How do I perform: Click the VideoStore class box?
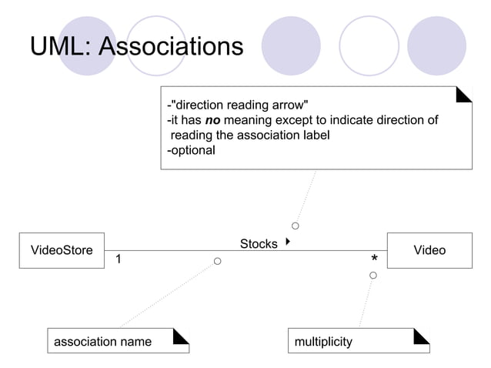point(62,250)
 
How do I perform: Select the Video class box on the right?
point(429,250)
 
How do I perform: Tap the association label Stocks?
point(259,244)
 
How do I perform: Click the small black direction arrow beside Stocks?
point(287,242)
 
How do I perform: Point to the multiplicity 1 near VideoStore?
point(118,259)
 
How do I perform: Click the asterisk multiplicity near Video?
point(374,259)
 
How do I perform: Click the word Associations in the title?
point(171,47)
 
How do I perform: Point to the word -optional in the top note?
point(192,150)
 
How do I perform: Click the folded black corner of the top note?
point(464,94)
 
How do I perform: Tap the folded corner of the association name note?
point(182,336)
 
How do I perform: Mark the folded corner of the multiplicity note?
point(422,336)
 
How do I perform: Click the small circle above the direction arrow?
point(296,226)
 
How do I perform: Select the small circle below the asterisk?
point(373,275)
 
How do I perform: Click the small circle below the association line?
point(218,262)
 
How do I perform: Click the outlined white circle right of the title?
point(369,46)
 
